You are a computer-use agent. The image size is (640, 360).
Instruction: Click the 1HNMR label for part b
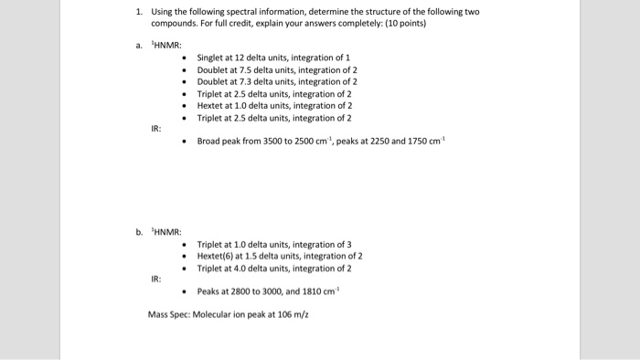click(x=168, y=231)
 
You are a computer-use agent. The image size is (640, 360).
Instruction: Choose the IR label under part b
click(x=157, y=280)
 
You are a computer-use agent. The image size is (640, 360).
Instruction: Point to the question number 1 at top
click(x=137, y=12)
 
